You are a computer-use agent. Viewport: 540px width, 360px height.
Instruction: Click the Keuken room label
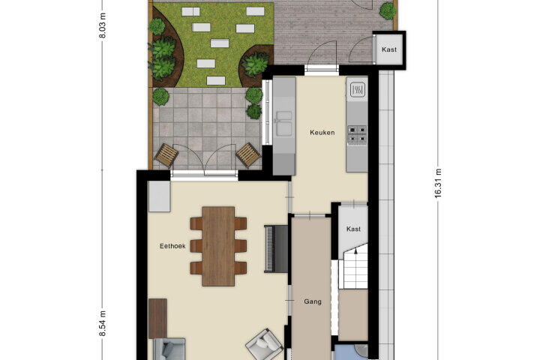click(322, 132)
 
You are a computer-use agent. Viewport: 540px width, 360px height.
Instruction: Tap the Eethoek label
click(172, 246)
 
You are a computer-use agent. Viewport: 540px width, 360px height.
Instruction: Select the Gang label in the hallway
click(313, 301)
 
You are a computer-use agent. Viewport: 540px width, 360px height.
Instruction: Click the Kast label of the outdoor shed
click(389, 49)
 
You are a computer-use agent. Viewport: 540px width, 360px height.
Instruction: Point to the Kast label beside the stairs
click(354, 229)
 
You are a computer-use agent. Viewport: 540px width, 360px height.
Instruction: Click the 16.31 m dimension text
click(438, 183)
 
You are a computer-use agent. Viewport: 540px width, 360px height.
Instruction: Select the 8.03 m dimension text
click(102, 25)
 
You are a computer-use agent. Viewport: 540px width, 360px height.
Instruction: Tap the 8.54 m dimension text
click(102, 323)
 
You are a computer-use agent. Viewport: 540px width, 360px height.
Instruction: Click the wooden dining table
click(218, 246)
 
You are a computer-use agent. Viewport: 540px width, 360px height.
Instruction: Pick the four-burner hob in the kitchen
click(357, 134)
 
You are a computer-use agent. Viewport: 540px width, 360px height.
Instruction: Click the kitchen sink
click(284, 123)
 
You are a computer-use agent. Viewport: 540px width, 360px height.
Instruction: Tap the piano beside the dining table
click(276, 249)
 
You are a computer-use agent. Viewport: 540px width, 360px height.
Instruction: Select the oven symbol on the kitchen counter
click(357, 90)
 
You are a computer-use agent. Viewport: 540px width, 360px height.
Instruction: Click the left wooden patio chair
click(166, 155)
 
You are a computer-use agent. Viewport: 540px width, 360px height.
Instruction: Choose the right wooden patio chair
click(248, 155)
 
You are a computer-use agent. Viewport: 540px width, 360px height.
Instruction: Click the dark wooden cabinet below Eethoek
click(157, 318)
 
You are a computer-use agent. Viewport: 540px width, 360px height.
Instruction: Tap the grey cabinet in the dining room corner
click(159, 196)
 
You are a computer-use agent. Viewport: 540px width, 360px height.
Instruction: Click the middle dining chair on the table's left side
click(196, 246)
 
